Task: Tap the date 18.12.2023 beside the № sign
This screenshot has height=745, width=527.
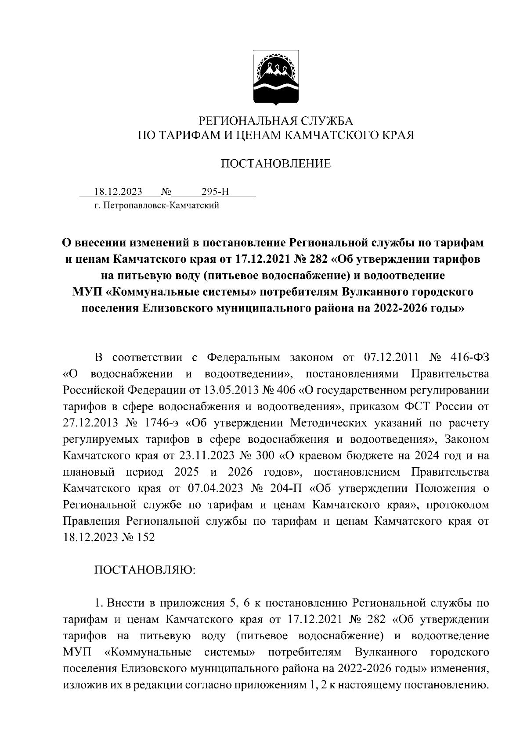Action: point(118,192)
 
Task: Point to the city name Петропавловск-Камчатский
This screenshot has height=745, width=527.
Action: point(160,205)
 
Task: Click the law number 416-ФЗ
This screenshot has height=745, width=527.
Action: point(470,358)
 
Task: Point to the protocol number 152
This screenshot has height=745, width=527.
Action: point(146,537)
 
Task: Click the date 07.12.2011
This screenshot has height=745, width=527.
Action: point(392,358)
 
